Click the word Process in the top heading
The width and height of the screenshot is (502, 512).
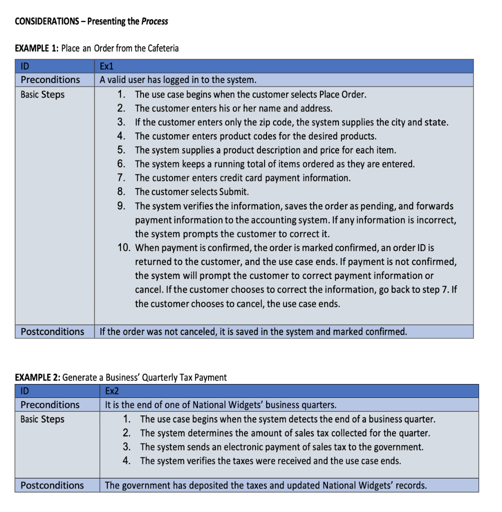pyautogui.click(x=154, y=21)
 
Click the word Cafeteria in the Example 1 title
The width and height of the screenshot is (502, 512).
pyautogui.click(x=161, y=48)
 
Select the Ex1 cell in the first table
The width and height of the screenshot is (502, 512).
pyautogui.click(x=107, y=65)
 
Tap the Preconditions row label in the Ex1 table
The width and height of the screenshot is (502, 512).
pyautogui.click(x=50, y=79)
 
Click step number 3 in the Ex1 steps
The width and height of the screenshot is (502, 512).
pyautogui.click(x=121, y=122)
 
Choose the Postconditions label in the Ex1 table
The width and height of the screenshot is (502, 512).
pyautogui.click(x=52, y=331)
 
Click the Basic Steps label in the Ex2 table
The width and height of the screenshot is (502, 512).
pyautogui.click(x=42, y=419)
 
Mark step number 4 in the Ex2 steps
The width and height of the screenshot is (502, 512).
pyautogui.click(x=126, y=461)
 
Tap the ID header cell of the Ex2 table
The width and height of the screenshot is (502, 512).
pyautogui.click(x=25, y=391)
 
